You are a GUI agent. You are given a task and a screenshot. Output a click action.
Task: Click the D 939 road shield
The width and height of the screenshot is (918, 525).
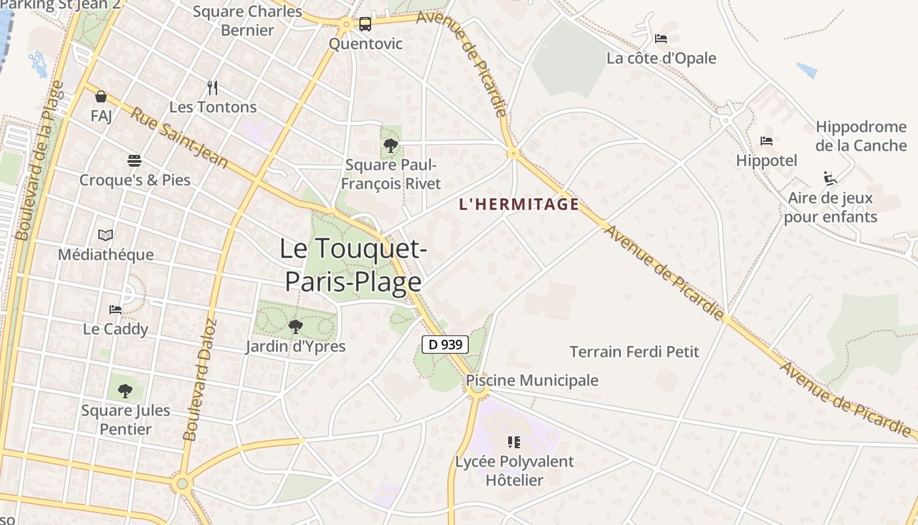pos(445,345)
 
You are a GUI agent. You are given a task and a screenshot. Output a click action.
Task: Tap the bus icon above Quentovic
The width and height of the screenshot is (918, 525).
pos(365,25)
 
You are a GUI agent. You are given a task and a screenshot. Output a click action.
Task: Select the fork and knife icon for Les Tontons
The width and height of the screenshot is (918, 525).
pos(212,88)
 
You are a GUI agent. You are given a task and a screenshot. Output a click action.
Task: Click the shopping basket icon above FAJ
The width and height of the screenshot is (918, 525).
pos(101,97)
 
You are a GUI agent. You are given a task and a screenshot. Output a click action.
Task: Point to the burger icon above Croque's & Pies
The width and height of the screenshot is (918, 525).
pos(134,161)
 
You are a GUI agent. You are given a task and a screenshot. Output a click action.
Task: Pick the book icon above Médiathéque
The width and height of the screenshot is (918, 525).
pos(106,235)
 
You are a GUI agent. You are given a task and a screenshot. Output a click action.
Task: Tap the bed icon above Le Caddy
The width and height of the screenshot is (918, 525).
pos(115,309)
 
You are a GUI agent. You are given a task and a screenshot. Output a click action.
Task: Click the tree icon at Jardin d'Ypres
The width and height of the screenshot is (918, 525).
pos(296,326)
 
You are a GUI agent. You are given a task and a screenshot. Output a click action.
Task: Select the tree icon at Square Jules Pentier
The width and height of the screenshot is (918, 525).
pos(125,391)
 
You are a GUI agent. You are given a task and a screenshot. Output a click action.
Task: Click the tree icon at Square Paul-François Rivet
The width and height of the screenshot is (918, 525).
pos(391,146)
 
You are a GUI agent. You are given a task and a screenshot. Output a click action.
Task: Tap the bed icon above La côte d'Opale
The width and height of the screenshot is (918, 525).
pos(661,39)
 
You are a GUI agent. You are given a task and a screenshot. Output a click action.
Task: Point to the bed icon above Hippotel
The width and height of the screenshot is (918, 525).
pos(766,141)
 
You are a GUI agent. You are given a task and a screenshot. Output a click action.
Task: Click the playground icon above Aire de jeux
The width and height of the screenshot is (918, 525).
pos(830,178)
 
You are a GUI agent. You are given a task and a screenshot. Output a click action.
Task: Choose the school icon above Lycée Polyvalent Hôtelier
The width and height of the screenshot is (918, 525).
pos(514,442)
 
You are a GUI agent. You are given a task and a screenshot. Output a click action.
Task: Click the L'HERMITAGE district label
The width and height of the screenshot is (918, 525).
pos(519,204)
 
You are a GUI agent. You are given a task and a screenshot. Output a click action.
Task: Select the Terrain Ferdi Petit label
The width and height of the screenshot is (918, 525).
pos(634,352)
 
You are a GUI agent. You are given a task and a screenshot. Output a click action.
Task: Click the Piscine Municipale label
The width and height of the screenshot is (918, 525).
pos(532,381)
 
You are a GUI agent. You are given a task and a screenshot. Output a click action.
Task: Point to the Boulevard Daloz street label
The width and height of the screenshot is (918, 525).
pos(199,381)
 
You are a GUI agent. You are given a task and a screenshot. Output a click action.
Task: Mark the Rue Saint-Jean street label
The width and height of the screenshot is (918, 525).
pos(179,137)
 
